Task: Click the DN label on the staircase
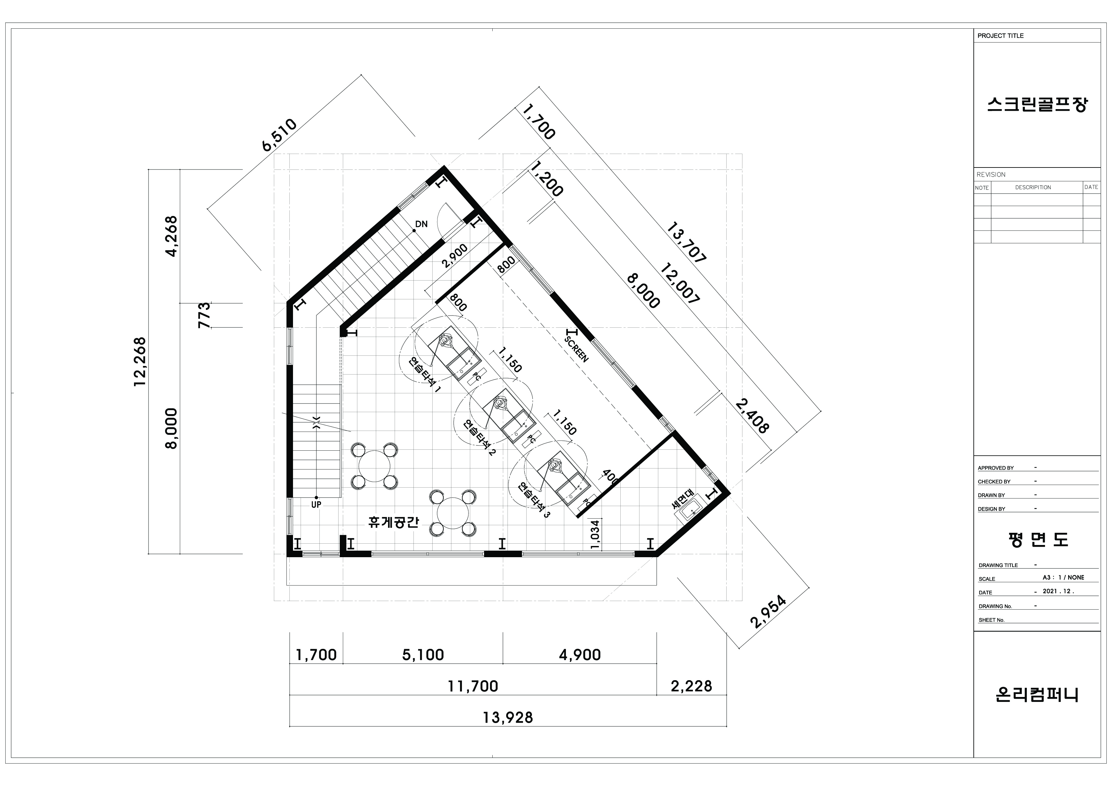click(x=421, y=224)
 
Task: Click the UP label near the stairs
click(x=316, y=504)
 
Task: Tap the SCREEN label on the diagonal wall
click(x=576, y=349)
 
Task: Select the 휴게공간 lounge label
click(x=393, y=522)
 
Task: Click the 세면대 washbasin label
click(x=683, y=499)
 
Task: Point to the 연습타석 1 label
click(x=425, y=375)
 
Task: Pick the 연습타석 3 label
click(x=534, y=500)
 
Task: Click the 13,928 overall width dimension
click(x=507, y=717)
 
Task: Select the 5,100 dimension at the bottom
click(x=423, y=655)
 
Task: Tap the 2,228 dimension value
click(x=691, y=686)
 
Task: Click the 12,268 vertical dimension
click(x=140, y=362)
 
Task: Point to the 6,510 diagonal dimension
click(x=279, y=135)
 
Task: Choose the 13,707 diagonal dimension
click(x=687, y=243)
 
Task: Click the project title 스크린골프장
click(x=1037, y=105)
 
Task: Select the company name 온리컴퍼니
click(x=1037, y=695)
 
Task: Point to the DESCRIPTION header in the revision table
click(x=1033, y=187)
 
